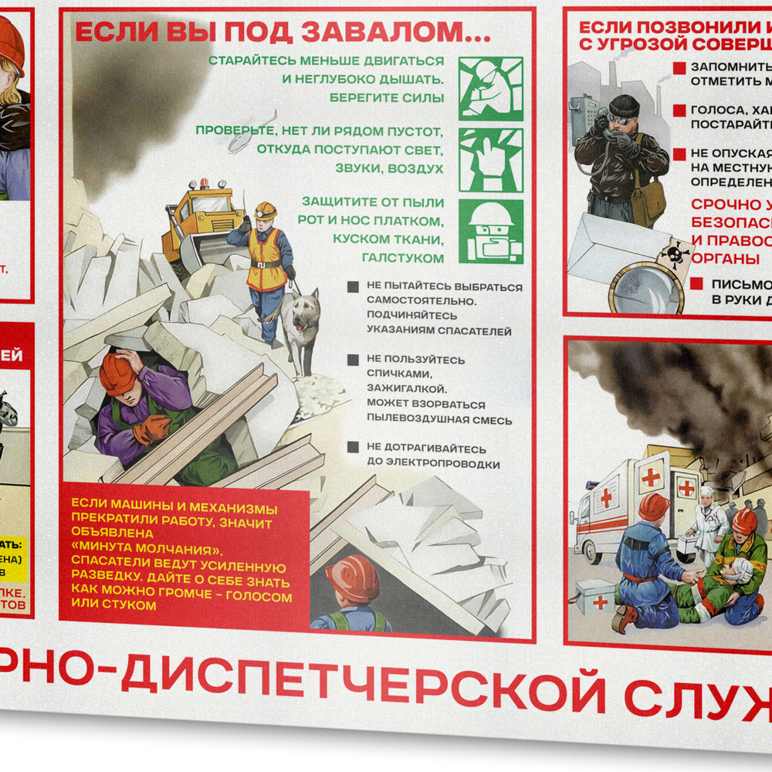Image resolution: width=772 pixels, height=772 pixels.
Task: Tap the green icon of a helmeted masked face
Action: point(491,231)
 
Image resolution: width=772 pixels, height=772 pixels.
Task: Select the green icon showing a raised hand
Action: point(491,160)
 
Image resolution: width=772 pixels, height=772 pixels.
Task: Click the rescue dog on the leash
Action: point(300,323)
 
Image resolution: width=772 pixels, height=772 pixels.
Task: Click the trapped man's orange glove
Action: point(151,429)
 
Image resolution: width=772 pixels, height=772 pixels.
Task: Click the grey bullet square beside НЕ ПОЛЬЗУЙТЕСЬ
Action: point(353,360)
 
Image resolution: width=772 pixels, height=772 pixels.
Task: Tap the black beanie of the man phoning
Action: point(624,105)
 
